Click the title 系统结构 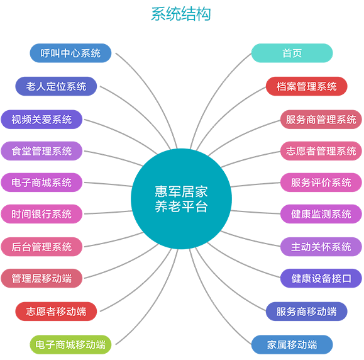[x=181, y=14]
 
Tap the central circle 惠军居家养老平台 [x=181, y=199]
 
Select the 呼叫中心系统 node [x=70, y=53]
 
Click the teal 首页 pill [x=292, y=53]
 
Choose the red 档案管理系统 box [x=306, y=86]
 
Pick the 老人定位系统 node [x=56, y=86]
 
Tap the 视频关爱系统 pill [x=41, y=120]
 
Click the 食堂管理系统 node [x=41, y=151]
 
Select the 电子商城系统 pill [x=41, y=183]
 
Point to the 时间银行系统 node [x=41, y=214]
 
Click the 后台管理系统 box [x=41, y=247]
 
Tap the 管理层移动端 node [x=41, y=278]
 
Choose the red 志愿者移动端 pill [x=56, y=312]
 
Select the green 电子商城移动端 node [x=70, y=345]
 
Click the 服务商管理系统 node [x=321, y=120]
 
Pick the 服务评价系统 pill [x=321, y=183]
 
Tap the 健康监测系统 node [x=321, y=214]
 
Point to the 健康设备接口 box [x=321, y=278]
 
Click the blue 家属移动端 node [x=292, y=345]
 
